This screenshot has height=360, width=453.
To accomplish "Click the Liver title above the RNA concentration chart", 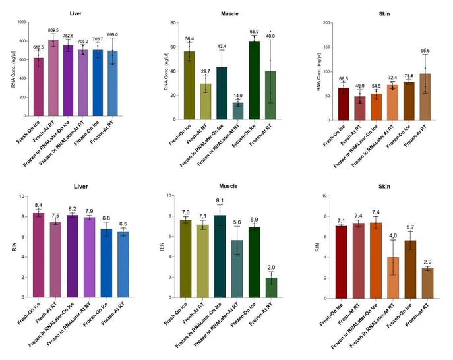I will point(75,13).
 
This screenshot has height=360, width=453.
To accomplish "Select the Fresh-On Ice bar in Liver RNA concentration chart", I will point(39,83).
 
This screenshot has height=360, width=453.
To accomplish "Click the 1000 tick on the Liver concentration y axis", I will point(22,22).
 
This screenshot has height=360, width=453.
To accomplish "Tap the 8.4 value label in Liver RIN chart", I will point(39,205).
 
